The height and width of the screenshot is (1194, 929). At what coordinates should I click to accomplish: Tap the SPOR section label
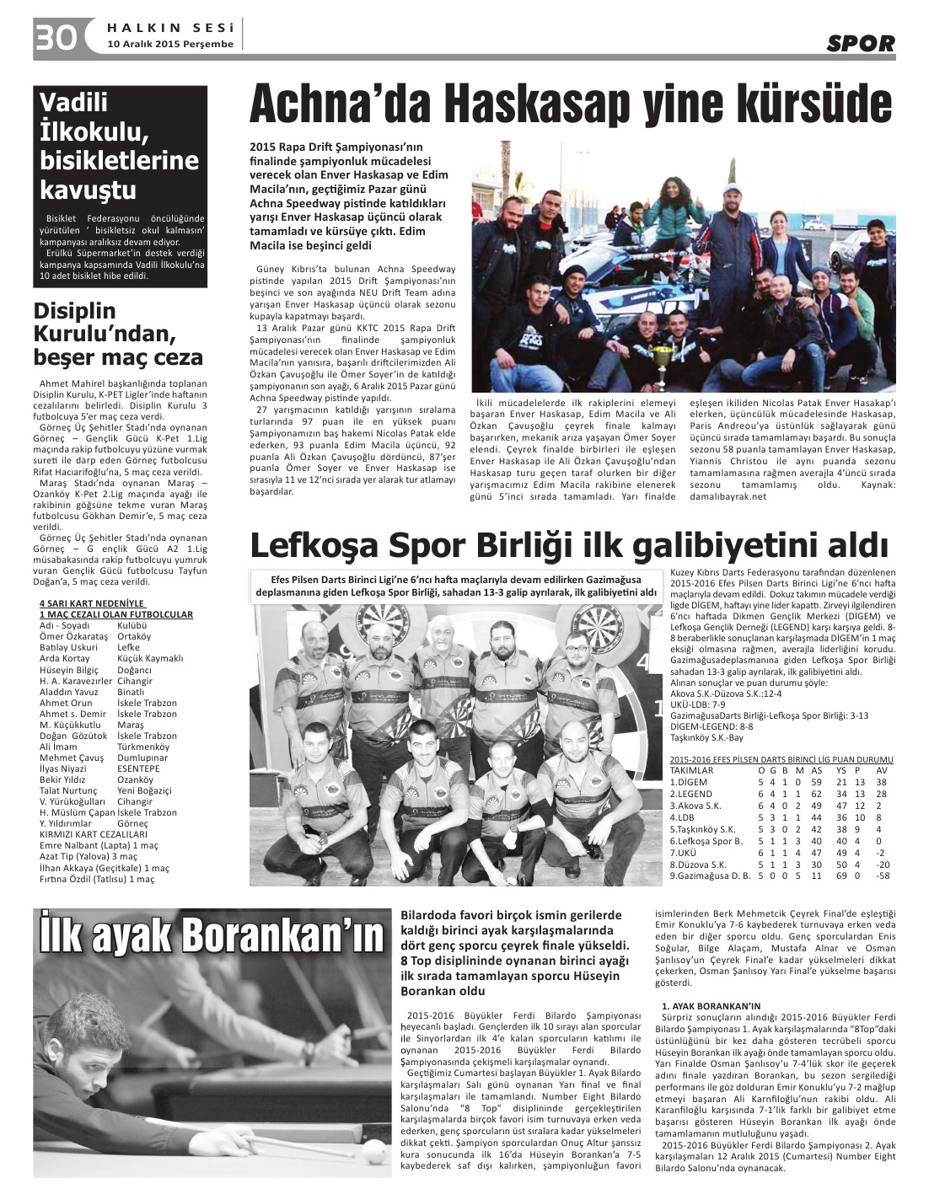[x=860, y=43]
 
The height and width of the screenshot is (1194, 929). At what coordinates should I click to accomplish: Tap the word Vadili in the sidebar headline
[x=74, y=102]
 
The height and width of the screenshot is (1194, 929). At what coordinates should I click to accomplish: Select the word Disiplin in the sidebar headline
[x=74, y=311]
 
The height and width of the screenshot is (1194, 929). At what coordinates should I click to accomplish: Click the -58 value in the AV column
[x=883, y=875]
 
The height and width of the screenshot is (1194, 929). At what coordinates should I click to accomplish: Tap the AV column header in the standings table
[x=882, y=770]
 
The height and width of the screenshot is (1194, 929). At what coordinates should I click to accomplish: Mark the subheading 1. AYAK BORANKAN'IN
[x=711, y=1006]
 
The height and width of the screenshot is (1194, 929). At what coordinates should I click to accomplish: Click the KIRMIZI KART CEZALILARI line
[x=93, y=834]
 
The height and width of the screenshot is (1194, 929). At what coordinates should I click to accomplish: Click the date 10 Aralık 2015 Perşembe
[x=170, y=44]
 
